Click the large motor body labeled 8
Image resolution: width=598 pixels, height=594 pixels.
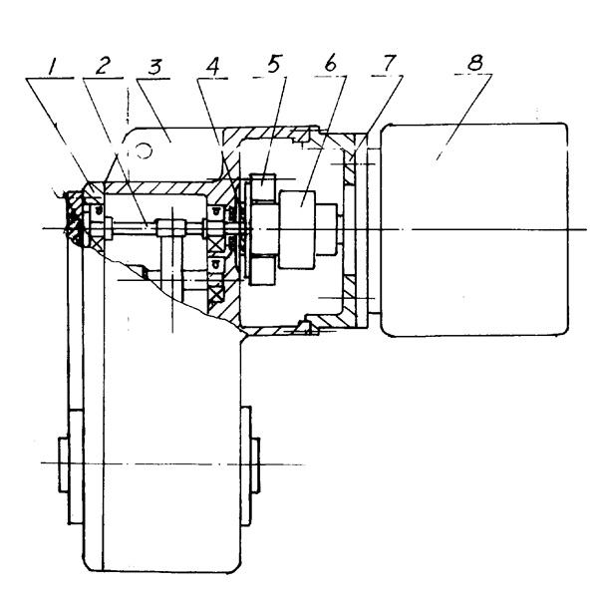tap(473, 227)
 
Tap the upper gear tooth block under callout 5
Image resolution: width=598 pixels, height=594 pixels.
tap(264, 186)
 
